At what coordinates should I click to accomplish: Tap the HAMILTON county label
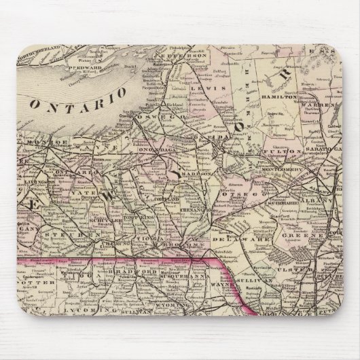pos(276,99)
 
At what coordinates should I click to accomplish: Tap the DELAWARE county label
pos(235,221)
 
